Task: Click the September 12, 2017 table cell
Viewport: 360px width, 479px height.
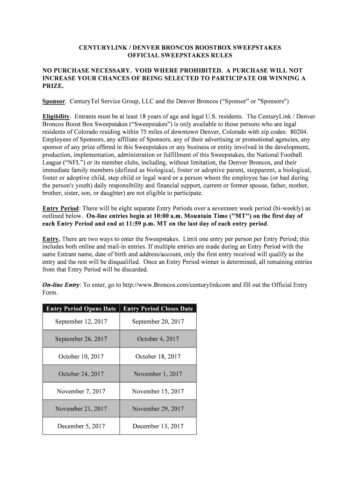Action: (x=81, y=322)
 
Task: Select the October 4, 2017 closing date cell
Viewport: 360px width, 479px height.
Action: (x=158, y=339)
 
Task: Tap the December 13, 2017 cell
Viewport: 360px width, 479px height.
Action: (x=158, y=426)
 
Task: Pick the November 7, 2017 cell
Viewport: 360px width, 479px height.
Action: (x=81, y=392)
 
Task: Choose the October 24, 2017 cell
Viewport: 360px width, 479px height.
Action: (x=81, y=374)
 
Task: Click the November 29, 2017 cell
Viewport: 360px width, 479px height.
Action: (x=158, y=409)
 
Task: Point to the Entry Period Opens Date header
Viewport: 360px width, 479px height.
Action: (x=81, y=309)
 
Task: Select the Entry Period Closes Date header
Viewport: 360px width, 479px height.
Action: (x=158, y=309)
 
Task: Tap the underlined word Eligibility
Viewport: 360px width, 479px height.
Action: (x=56, y=116)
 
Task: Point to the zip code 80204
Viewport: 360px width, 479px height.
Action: (x=297, y=132)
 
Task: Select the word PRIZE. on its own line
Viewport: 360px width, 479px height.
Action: (x=53, y=87)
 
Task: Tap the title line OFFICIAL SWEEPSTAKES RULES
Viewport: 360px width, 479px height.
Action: (x=180, y=56)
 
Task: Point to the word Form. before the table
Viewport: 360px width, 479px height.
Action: (x=50, y=293)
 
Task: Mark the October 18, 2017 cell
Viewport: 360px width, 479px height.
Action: (x=158, y=357)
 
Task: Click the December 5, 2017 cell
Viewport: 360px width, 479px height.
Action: (x=81, y=426)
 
